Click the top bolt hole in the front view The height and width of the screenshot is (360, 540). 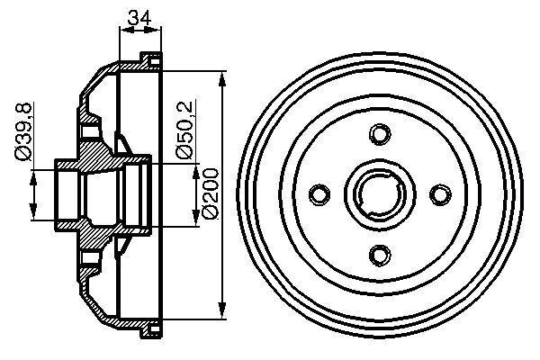[x=379, y=135]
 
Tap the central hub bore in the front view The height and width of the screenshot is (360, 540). [x=379, y=193]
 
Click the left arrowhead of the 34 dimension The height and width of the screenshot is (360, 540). [x=123, y=31]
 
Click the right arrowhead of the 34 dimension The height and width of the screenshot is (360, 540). [x=159, y=31]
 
